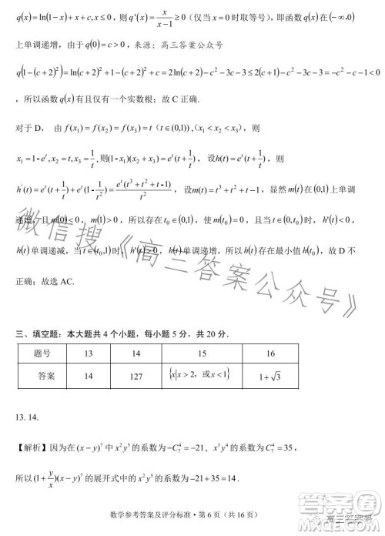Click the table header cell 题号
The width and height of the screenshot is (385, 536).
point(44,353)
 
